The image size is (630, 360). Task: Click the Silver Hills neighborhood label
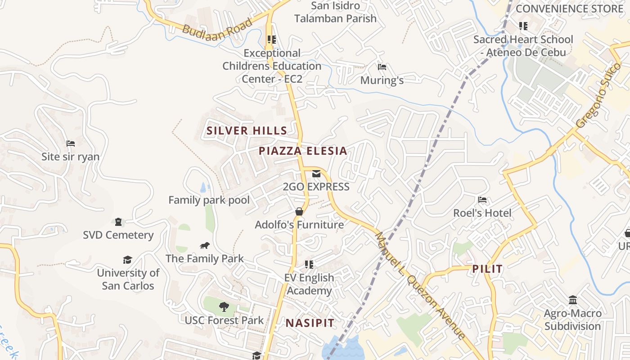(x=247, y=131)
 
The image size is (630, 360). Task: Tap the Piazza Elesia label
(x=303, y=151)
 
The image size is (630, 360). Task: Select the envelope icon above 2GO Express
(x=316, y=174)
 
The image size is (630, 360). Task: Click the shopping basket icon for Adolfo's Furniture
(x=299, y=211)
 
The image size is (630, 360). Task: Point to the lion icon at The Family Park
(x=205, y=245)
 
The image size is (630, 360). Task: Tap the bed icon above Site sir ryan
(x=71, y=144)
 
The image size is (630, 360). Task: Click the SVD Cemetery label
(x=118, y=235)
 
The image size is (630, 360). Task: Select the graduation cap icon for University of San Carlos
(x=128, y=260)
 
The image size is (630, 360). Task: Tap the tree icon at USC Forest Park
(x=224, y=307)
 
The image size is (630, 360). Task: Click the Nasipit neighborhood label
(x=310, y=323)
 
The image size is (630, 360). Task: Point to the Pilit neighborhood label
(x=487, y=269)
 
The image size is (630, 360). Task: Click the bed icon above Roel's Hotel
(x=482, y=199)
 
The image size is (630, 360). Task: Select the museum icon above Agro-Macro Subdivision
(x=573, y=300)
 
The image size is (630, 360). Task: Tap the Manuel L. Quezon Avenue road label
(x=420, y=286)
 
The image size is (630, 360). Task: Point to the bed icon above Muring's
(x=382, y=67)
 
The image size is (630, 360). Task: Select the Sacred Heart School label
(x=523, y=46)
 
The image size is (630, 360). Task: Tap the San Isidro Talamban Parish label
(x=335, y=12)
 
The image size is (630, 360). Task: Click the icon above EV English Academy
(x=309, y=264)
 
